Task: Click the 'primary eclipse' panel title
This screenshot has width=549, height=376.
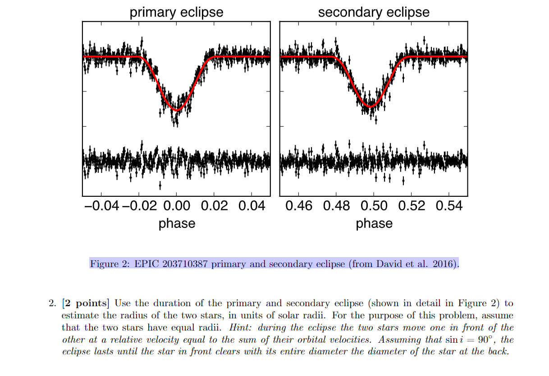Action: [176, 12]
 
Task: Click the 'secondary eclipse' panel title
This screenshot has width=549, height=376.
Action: [374, 12]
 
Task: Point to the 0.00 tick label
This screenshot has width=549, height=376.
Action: [176, 206]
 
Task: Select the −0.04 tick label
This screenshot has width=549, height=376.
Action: [102, 206]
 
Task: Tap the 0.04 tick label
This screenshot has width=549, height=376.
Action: [252, 206]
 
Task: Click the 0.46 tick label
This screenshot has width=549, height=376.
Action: [299, 206]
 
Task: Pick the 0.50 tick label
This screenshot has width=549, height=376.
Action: [374, 206]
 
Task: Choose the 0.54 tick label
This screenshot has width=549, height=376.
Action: [449, 206]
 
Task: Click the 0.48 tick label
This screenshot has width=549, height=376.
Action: [336, 206]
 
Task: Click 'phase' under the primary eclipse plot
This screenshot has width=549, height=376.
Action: [177, 223]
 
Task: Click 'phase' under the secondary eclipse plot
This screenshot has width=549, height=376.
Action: [374, 223]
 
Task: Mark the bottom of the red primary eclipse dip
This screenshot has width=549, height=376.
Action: [177, 110]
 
